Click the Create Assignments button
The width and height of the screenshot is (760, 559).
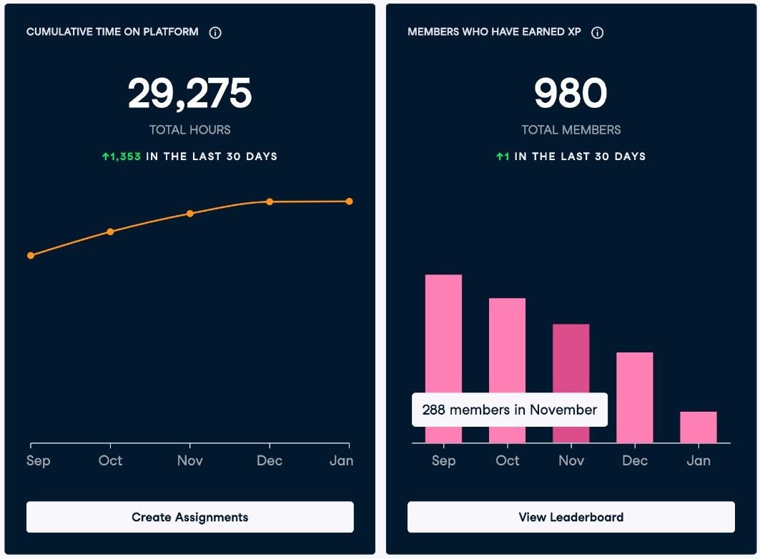pos(190,517)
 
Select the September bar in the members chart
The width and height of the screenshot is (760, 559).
pos(443,334)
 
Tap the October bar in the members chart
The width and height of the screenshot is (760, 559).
pos(507,345)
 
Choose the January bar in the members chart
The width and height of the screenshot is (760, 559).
pos(698,427)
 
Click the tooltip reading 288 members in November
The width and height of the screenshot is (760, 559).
pos(510,410)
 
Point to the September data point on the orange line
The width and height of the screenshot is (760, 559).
pos(31,255)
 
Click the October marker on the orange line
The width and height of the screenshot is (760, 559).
pos(111,232)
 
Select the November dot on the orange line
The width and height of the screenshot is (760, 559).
pos(190,214)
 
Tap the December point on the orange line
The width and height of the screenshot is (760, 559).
pos(270,202)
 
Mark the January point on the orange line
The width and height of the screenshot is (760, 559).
pos(349,201)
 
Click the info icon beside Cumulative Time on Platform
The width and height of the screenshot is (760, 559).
pos(215,32)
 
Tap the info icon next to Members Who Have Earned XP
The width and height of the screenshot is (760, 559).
pos(597,32)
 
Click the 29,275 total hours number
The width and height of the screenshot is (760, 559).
pos(190,93)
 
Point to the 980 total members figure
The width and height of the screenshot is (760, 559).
pos(571,93)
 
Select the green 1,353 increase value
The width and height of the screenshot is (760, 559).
pos(121,157)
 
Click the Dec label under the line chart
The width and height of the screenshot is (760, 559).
pos(270,460)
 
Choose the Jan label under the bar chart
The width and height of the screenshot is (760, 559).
pos(699,460)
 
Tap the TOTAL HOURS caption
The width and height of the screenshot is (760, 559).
pos(190,130)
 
